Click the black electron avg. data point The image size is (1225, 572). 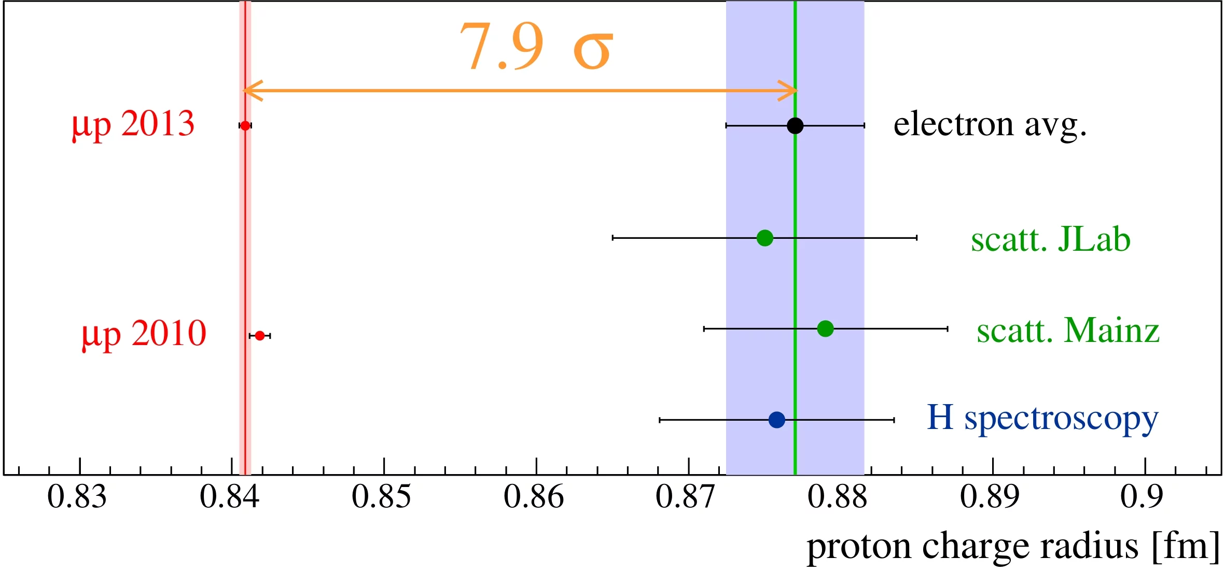click(795, 125)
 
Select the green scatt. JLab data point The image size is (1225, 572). click(765, 238)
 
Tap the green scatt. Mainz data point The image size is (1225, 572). click(825, 328)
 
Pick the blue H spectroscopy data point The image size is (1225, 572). click(776, 420)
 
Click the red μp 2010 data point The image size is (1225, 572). click(260, 336)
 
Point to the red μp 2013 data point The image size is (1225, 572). click(245, 125)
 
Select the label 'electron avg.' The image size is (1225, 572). click(990, 125)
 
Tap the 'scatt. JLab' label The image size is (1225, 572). click(1050, 239)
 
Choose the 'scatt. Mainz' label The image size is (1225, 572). click(1068, 331)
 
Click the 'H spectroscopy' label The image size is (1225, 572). click(1042, 419)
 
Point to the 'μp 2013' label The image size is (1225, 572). click(133, 125)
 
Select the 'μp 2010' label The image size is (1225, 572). click(144, 334)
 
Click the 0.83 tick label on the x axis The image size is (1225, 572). click(77, 497)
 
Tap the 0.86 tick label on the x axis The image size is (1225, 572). click(534, 497)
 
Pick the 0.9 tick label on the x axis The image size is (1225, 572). click(1142, 497)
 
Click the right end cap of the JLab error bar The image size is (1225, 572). click(917, 238)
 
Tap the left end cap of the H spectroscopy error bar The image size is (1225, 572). click(660, 420)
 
